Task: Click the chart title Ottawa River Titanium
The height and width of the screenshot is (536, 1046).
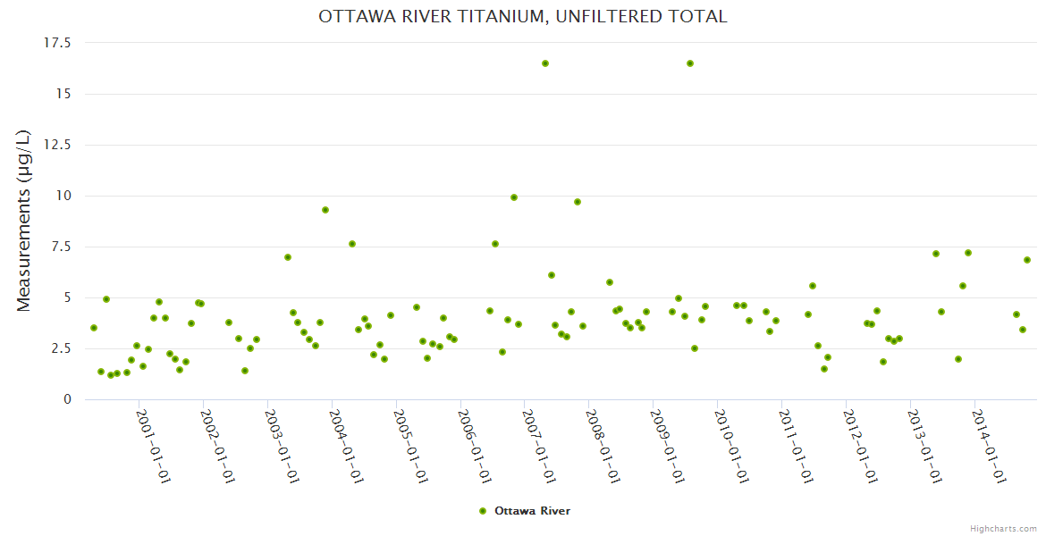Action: (x=522, y=17)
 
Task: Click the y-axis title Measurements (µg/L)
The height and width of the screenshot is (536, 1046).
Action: (x=24, y=221)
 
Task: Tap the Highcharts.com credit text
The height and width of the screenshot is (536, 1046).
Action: (x=1003, y=528)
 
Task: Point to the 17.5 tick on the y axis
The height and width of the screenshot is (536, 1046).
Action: (x=57, y=43)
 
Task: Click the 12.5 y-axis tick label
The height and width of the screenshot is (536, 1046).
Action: (x=57, y=145)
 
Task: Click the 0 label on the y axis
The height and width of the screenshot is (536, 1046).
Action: (x=66, y=399)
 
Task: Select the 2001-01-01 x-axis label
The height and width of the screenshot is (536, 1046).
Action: (x=154, y=446)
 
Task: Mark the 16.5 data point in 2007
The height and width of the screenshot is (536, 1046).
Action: (x=545, y=63)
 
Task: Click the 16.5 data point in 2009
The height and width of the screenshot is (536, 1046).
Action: (x=690, y=63)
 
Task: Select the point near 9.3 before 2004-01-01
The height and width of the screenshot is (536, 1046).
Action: (x=325, y=210)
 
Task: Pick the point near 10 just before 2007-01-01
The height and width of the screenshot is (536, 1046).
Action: (x=514, y=197)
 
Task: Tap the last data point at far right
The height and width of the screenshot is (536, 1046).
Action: (x=1027, y=260)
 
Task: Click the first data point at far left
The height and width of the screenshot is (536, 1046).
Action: (x=94, y=328)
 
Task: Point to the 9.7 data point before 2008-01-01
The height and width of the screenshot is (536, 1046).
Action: (x=578, y=202)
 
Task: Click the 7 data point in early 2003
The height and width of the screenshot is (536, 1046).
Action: (x=288, y=257)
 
